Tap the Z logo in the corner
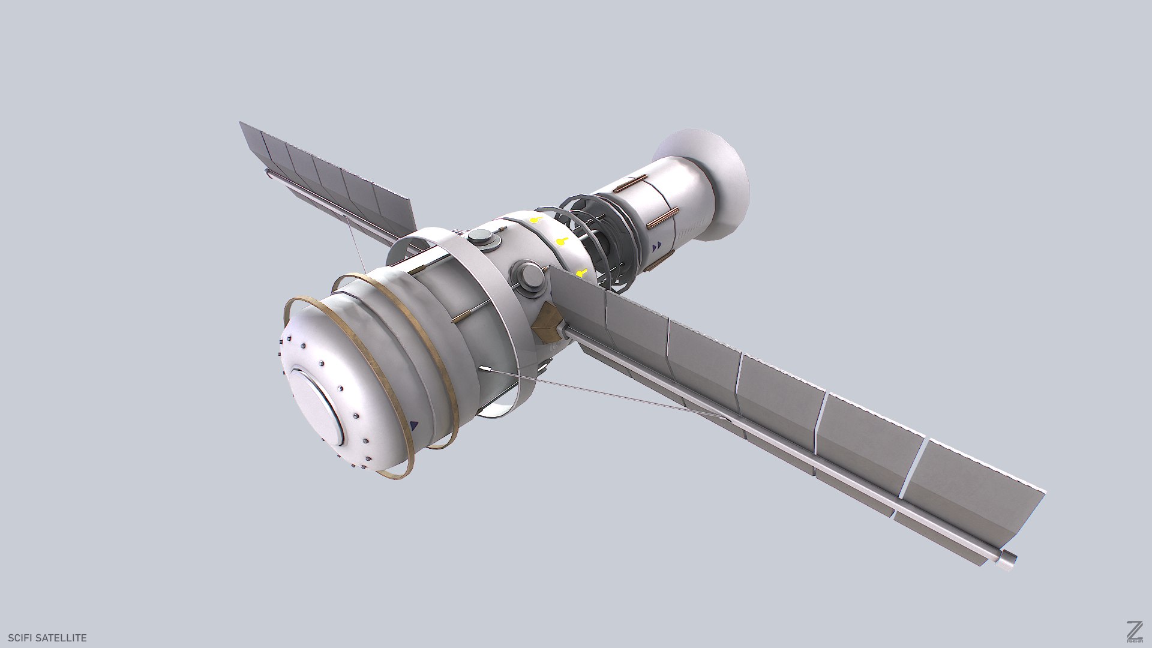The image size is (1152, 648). click(1118, 631)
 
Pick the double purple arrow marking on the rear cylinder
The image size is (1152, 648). click(658, 245)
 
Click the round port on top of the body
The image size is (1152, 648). click(484, 238)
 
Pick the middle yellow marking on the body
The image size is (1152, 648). click(561, 242)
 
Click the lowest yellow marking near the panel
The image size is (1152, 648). click(580, 274)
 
